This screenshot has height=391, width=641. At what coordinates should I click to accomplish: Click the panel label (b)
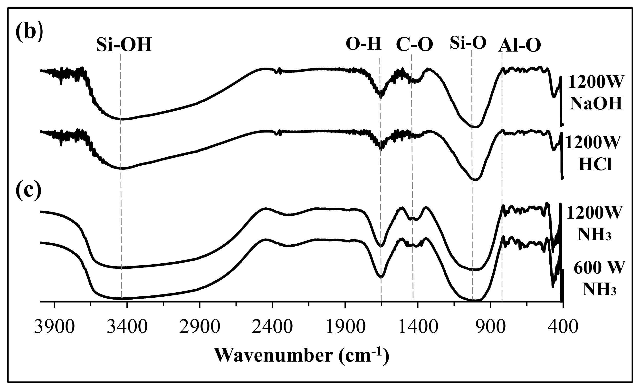pos(29,32)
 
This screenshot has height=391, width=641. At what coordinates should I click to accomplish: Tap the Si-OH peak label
pos(124,45)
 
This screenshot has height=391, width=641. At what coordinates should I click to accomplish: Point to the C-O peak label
pos(414,45)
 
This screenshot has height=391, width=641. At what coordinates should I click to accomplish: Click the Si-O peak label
pos(468,43)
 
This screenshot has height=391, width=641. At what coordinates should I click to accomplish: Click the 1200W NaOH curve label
pos(596,93)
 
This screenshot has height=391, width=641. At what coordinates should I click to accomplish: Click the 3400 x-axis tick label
pos(127,328)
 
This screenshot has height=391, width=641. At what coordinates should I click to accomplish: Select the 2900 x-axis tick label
pos(200,328)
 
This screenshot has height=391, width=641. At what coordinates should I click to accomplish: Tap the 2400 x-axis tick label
pos(272,328)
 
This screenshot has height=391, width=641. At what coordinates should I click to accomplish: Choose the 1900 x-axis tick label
pos(345,328)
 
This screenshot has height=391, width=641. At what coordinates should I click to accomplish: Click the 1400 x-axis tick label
pos(418,328)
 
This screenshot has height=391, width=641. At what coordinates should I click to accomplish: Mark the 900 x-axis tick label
pos(491,328)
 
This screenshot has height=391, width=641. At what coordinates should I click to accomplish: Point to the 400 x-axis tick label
pos(563,328)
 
